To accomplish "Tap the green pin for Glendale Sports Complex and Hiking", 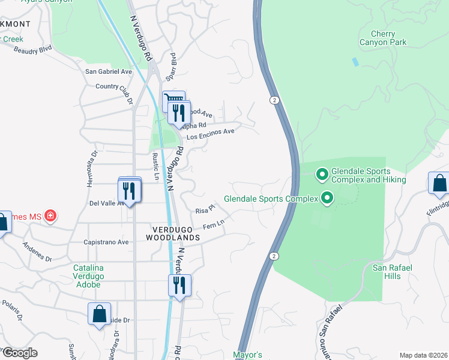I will pyautogui.click(x=322, y=175).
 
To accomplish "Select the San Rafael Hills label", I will pyautogui.click(x=394, y=271).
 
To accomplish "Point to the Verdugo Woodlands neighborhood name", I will pyautogui.click(x=173, y=233).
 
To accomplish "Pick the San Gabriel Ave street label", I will pyautogui.click(x=109, y=71).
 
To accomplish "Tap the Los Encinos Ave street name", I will pyautogui.click(x=210, y=134).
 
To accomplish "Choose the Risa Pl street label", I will pyautogui.click(x=205, y=211).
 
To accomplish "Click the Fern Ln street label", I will pyautogui.click(x=213, y=225).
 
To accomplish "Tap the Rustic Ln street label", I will pyautogui.click(x=155, y=166).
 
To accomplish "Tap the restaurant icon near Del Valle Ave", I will pyautogui.click(x=130, y=191).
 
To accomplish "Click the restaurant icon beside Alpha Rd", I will pyautogui.click(x=178, y=112).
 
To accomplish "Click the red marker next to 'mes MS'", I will pyautogui.click(x=51, y=215).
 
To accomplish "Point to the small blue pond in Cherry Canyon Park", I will pyautogui.click(x=355, y=61).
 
